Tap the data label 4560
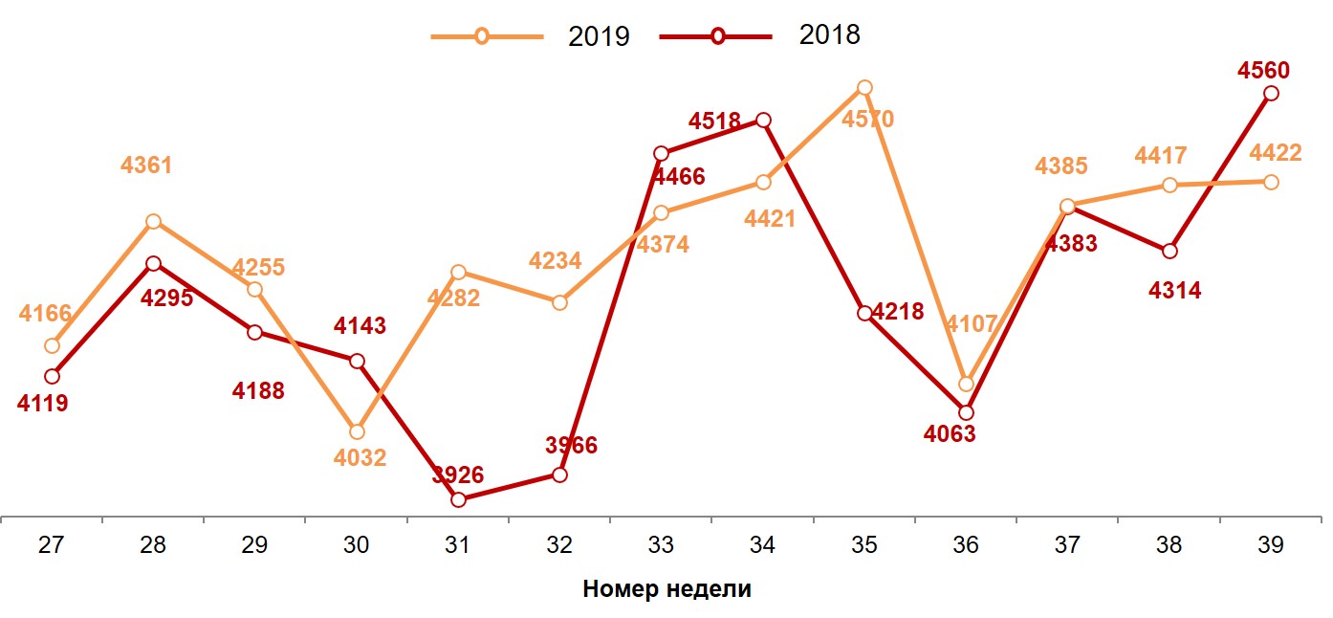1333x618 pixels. pos(1263,70)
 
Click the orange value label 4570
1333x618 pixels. pos(867,120)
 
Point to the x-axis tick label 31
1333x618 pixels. pos(458,545)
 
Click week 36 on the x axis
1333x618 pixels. pos(966,545)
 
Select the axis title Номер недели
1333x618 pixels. pos(666,589)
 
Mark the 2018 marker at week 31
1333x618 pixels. pos(458,499)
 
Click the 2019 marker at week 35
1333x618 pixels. pos(864,87)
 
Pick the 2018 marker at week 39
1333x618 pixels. pos(1271,93)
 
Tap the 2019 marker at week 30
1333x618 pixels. pos(357,431)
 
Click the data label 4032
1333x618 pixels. pos(360,458)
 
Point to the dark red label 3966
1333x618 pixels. pos(571,445)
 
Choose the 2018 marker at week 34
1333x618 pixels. pos(763,120)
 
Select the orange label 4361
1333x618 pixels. pos(146,166)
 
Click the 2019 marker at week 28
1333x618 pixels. pos(153,221)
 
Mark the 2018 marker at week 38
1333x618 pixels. pos(1169,251)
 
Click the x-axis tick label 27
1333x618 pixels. pos(52,545)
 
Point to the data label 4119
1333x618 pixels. pos(42,404)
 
